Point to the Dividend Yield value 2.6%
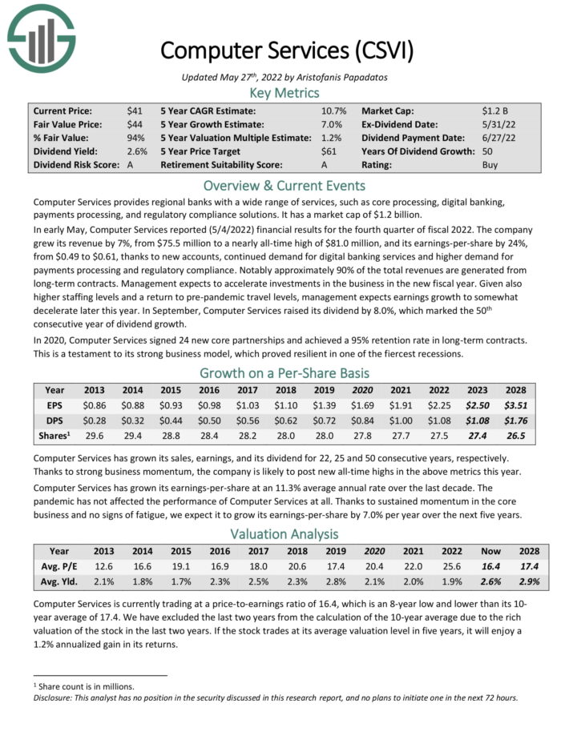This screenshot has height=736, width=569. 137,151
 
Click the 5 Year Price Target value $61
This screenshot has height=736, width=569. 329,151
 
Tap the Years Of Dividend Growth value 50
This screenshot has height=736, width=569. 488,151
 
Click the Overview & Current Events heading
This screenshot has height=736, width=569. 284,185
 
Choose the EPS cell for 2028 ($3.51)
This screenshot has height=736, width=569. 515,406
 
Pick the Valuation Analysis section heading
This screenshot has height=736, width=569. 284,533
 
